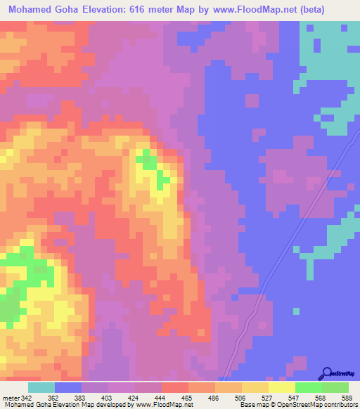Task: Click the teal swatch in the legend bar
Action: (41, 387)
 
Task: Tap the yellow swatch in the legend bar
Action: (282, 387)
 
